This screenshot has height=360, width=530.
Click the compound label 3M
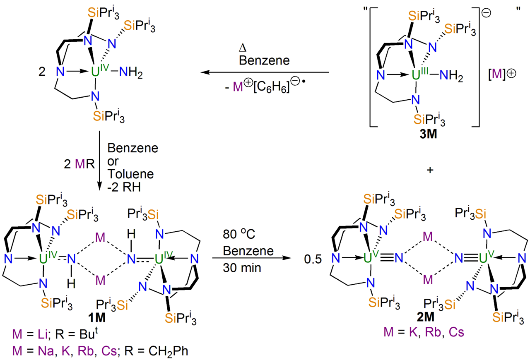428,134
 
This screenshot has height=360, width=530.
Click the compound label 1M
97,318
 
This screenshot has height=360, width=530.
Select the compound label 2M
426,317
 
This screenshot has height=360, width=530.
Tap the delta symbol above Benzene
243,48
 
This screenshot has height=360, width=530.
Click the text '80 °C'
239,234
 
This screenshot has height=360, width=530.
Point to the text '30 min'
241,268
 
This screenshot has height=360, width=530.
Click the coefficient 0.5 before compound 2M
313,259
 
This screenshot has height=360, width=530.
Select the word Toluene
130,174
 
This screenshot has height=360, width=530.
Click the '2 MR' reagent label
79,164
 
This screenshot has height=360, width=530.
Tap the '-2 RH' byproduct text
124,187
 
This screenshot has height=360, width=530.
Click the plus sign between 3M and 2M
430,170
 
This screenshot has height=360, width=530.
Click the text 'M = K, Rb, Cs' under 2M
424,332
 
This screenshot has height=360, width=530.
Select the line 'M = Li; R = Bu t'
55,334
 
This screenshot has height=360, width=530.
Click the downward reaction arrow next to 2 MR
100,161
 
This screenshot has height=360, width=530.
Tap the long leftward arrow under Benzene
265,72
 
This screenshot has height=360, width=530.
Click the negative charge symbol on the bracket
486,13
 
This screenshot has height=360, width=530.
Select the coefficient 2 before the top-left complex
42,71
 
